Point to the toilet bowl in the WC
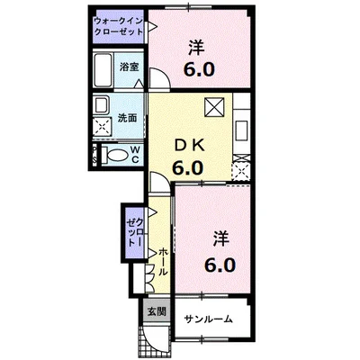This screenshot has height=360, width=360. tap(112, 154)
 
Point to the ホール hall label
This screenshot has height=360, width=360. tap(163, 262)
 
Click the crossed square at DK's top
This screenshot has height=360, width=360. tap(213, 105)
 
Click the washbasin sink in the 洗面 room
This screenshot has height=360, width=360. tap(102, 103)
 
